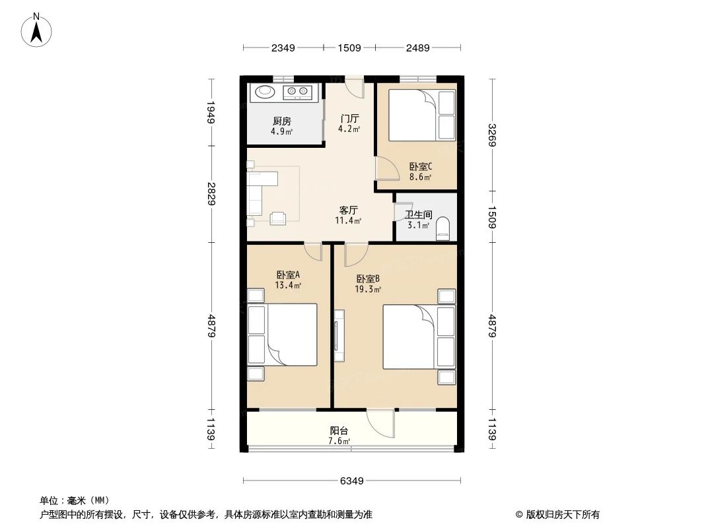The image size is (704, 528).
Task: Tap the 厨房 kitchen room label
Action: (282, 121)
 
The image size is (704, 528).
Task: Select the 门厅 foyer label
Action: (349, 119)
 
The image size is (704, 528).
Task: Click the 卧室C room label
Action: (420, 167)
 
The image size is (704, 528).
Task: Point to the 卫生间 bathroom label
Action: (418, 215)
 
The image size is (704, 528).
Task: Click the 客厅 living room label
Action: (348, 210)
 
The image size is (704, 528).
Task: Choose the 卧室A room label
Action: (289, 275)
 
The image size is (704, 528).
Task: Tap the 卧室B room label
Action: (368, 279)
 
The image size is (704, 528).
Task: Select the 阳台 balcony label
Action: (338, 430)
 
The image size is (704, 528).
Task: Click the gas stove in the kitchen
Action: (297, 92)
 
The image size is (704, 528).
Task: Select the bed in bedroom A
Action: (284, 335)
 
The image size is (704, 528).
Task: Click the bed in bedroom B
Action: (413, 337)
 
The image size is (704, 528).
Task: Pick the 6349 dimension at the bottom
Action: (352, 480)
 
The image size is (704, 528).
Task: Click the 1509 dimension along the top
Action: (349, 48)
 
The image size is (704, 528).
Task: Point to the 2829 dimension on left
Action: (211, 194)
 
